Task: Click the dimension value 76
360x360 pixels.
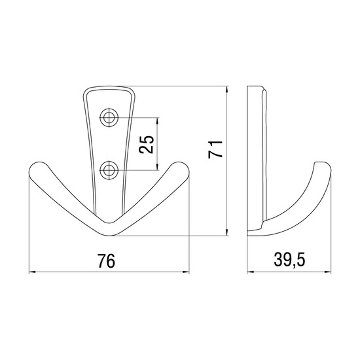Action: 106,261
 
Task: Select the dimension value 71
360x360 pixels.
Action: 215,149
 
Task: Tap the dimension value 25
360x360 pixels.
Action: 146,145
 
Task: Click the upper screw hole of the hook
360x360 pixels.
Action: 109,118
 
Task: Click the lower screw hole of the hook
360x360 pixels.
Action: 109,170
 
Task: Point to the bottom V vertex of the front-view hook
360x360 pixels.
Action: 109,235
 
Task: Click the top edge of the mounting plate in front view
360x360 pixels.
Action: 109,87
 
